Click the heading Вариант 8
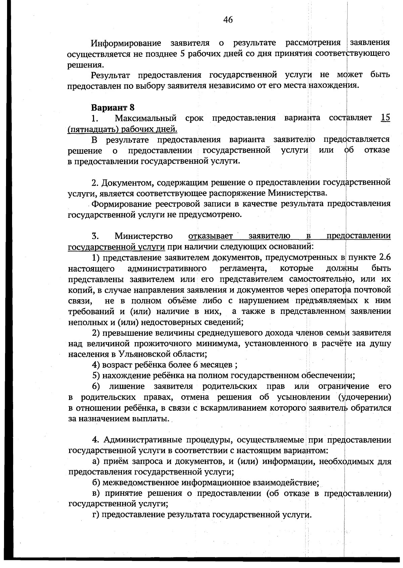click(113, 108)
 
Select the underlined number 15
click(386, 118)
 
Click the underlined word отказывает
click(211, 236)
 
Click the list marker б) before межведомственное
click(96, 483)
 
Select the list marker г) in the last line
click(96, 515)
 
